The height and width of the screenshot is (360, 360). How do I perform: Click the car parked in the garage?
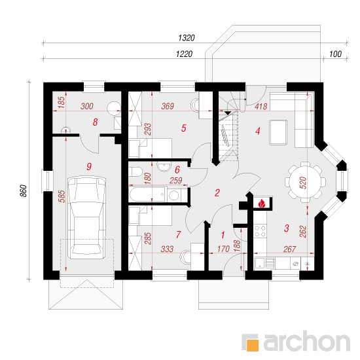point(87,218)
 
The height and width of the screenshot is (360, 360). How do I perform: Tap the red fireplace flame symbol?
point(262,204)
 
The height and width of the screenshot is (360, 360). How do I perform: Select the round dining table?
point(305,182)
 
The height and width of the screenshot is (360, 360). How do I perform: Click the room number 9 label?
point(89,166)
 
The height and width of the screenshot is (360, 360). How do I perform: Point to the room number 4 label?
point(258,131)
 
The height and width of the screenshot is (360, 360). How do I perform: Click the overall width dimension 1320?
point(186,38)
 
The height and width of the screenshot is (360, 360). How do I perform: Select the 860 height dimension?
point(24,190)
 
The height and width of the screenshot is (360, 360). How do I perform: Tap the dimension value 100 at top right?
point(335,54)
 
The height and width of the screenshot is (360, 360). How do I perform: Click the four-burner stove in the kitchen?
point(261,231)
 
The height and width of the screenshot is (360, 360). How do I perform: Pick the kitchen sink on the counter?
point(264,263)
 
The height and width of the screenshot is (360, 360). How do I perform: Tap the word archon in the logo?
point(307,341)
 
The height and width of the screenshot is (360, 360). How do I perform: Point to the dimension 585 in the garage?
point(62,196)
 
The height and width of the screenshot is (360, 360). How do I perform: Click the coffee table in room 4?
point(278,132)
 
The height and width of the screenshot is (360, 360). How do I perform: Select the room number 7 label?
point(179,234)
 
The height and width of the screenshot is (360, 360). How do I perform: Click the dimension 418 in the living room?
point(261,107)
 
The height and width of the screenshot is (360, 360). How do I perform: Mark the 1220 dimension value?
point(184,54)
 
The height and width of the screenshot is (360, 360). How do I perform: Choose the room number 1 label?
point(223,235)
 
